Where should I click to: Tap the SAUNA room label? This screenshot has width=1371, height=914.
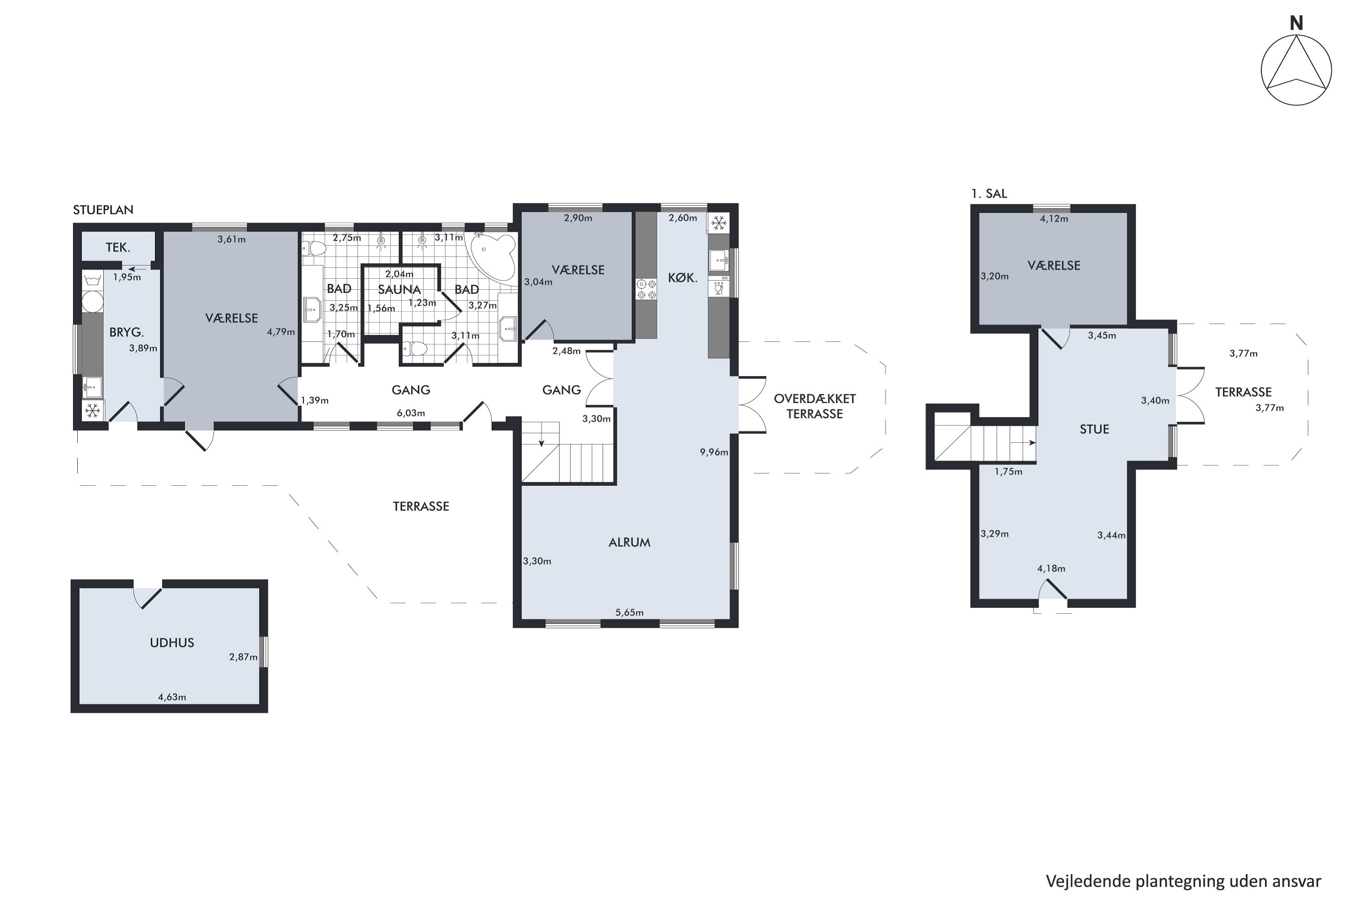399,289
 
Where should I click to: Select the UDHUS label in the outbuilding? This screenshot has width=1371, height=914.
172,643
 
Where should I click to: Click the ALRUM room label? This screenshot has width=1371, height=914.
630,542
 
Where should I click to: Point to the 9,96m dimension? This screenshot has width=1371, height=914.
714,452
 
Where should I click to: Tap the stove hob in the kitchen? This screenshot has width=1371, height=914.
646,290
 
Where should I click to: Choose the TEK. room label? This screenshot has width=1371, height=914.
118,247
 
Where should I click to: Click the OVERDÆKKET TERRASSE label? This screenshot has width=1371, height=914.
815,406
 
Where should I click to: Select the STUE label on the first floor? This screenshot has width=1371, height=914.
1094,429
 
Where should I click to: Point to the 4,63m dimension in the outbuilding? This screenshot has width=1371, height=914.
172,696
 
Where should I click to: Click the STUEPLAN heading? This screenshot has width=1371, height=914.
103,210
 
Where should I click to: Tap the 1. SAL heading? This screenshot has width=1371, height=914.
989,193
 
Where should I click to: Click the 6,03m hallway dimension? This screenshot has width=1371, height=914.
411,413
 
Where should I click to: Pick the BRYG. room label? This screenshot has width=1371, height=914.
127,332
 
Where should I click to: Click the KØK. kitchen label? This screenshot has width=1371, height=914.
683,278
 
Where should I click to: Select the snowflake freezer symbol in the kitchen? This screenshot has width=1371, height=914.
719,223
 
